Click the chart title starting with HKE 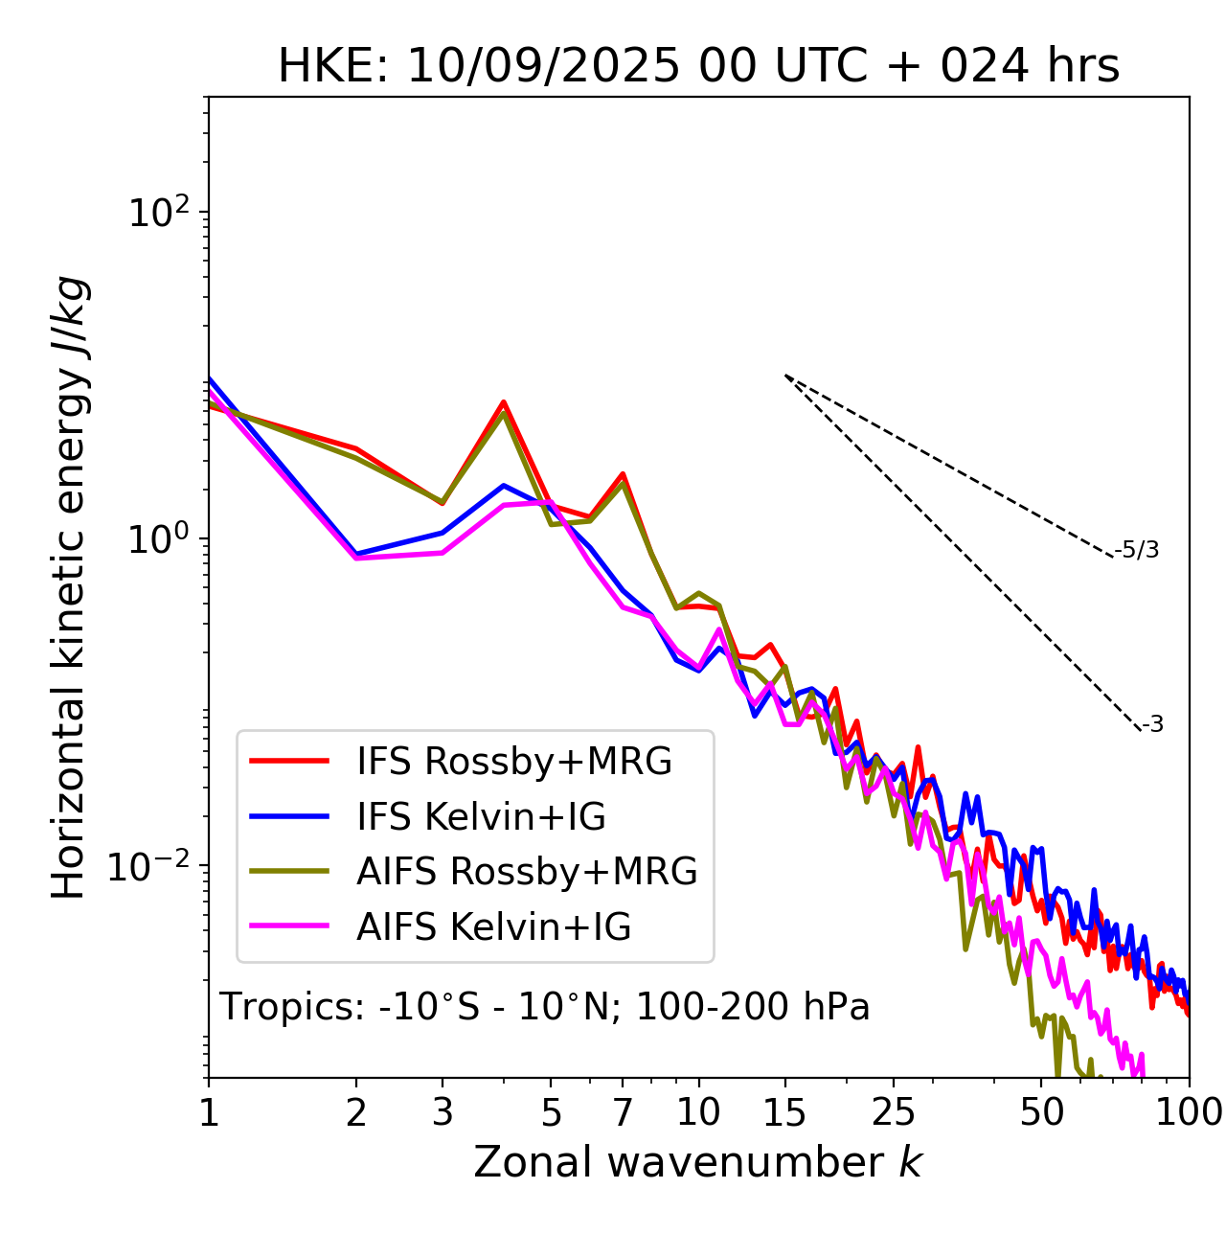coord(698,67)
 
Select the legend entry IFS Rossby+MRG coord(513,762)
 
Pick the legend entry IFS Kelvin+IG coord(481,817)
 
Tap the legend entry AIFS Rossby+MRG coord(527,872)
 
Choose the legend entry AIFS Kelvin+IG coord(493,927)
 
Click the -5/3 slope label coord(1137,551)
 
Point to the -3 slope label coord(1152,725)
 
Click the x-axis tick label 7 coord(623,1112)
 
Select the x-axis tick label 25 coord(894,1112)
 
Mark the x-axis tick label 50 coord(1041,1112)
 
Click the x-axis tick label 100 coord(1189,1112)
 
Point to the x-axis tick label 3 coord(443,1112)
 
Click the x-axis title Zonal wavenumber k coord(697,1162)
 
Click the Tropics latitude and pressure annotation coord(544,1007)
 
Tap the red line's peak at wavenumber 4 coord(503,402)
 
